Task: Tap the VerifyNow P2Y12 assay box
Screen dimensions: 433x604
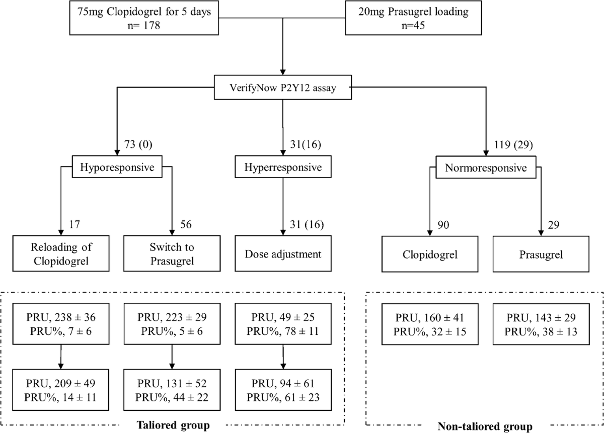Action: tap(282, 90)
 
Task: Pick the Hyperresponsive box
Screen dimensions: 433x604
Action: tap(283, 167)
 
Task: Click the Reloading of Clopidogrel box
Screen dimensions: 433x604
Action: tap(61, 254)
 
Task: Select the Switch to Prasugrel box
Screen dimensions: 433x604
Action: tap(173, 254)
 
